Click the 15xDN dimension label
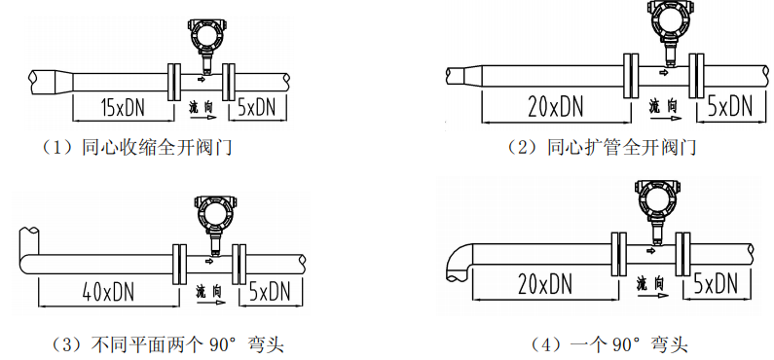[x=123, y=107]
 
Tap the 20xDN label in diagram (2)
[x=555, y=106]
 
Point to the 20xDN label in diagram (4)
[x=545, y=284]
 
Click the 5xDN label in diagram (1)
[x=256, y=107]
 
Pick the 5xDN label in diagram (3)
[x=270, y=292]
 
